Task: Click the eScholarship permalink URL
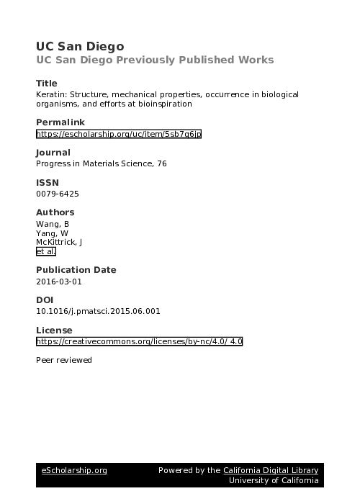point(118,134)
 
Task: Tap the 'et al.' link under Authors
point(45,252)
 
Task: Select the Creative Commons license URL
point(139,341)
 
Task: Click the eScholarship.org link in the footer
point(74,470)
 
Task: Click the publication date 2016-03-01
point(59,282)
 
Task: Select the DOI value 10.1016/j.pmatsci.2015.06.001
point(98,311)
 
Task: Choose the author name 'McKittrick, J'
point(59,243)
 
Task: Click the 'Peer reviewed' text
point(64,359)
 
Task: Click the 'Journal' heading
point(53,153)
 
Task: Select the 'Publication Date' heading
point(76,270)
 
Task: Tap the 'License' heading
point(55,330)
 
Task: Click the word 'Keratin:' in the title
point(51,94)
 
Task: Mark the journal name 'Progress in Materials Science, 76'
point(101,163)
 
